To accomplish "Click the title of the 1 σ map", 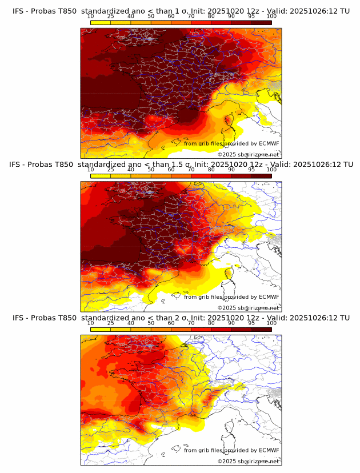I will (x=181, y=11).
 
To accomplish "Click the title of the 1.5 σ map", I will (x=181, y=165).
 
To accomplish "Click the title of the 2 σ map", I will (x=181, y=318).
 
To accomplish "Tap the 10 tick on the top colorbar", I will (x=91, y=16).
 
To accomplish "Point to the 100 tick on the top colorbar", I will (x=271, y=16).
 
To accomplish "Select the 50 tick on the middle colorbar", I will (x=151, y=170).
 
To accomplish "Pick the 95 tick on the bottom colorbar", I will (x=251, y=323).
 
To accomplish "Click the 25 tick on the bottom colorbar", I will (x=111, y=323).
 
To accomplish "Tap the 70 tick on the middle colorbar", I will (x=191, y=170).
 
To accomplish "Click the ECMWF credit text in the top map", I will (x=231, y=143).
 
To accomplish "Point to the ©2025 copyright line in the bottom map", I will (x=248, y=461).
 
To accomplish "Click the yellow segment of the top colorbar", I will (x=101, y=22).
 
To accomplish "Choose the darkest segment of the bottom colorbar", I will (x=261, y=329).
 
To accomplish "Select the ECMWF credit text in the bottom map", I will (x=231, y=450).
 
